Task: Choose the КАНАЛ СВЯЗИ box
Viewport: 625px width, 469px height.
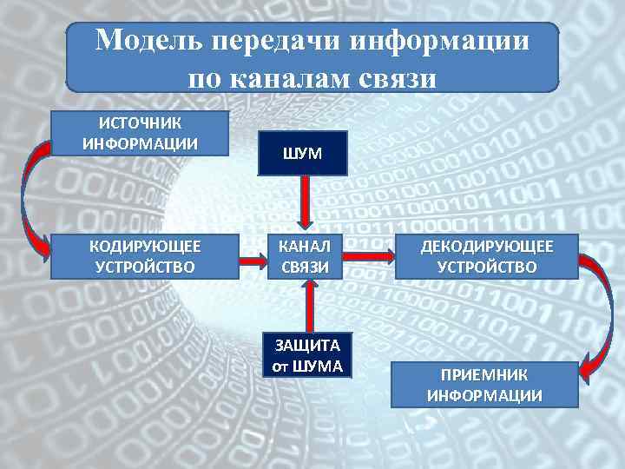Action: click(304, 256)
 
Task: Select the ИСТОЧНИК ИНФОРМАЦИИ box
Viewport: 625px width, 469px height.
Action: click(140, 133)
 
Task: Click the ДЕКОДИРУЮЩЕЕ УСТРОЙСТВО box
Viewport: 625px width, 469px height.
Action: click(486, 256)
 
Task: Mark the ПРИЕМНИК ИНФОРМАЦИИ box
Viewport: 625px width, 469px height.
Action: click(484, 385)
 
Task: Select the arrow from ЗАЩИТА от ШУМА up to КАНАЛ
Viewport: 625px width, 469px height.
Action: click(307, 305)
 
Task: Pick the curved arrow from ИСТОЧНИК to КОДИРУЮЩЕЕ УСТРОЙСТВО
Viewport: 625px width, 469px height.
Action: click(28, 195)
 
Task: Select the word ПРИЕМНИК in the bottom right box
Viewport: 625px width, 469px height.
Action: click(484, 375)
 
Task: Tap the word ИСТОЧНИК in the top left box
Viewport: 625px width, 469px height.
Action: click(140, 122)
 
